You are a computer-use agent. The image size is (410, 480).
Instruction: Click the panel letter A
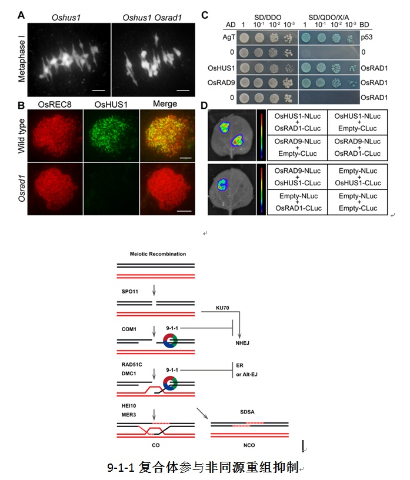coord(21,15)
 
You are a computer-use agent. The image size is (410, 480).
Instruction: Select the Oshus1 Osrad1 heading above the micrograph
coord(152,18)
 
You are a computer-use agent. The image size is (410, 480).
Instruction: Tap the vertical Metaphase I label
coord(21,59)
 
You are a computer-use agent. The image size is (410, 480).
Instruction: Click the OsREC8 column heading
coord(55,105)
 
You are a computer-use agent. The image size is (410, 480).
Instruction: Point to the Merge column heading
coord(165,104)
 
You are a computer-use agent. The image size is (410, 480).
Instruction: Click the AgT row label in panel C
coord(229,37)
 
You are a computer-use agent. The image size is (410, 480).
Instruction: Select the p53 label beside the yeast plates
coord(366,37)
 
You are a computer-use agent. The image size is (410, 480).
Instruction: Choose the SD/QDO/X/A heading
coord(328,17)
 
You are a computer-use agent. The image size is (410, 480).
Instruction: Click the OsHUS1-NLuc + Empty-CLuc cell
coord(357,122)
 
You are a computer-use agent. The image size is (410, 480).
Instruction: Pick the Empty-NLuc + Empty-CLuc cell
coord(358,202)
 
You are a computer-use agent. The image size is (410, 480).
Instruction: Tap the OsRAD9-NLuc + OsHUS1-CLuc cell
coord(297,177)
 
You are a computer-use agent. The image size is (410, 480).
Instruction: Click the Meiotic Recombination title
coord(158,254)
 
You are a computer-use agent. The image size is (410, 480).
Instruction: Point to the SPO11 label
coord(130,291)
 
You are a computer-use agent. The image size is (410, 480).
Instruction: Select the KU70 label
coord(222,308)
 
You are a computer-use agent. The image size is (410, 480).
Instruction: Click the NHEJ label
coord(242,343)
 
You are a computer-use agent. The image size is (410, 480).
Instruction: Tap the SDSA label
coord(247,412)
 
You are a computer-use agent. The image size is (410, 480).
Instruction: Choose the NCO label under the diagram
coord(249,445)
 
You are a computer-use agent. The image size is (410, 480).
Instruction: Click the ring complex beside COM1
coord(170,341)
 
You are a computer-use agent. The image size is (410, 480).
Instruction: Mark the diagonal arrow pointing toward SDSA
coord(202,414)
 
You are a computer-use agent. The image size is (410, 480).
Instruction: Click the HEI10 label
coord(129,406)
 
